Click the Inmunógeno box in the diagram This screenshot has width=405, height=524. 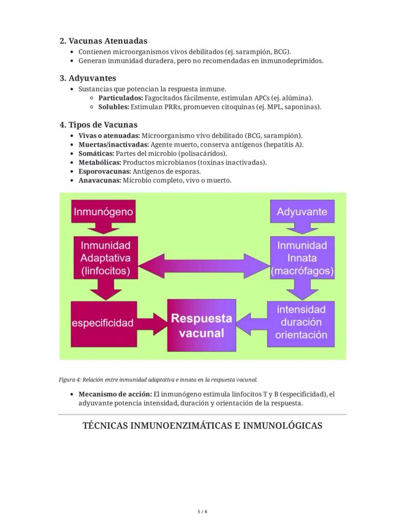click(x=103, y=211)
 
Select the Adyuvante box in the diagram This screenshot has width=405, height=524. click(x=302, y=211)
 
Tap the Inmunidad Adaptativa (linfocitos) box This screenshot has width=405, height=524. click(x=106, y=257)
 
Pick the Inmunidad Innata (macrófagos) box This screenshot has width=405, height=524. click(x=302, y=257)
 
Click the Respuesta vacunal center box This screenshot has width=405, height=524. click(x=202, y=325)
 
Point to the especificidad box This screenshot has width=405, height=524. click(x=103, y=323)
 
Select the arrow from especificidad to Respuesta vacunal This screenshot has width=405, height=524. click(x=151, y=323)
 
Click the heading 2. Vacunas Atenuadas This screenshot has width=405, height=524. click(x=103, y=41)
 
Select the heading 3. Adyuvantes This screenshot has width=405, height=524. click(x=88, y=78)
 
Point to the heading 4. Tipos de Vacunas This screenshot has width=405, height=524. click(x=98, y=125)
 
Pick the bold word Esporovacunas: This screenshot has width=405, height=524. click(x=104, y=171)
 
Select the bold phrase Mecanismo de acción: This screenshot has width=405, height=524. click(x=114, y=394)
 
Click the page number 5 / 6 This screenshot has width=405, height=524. click(x=202, y=511)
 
